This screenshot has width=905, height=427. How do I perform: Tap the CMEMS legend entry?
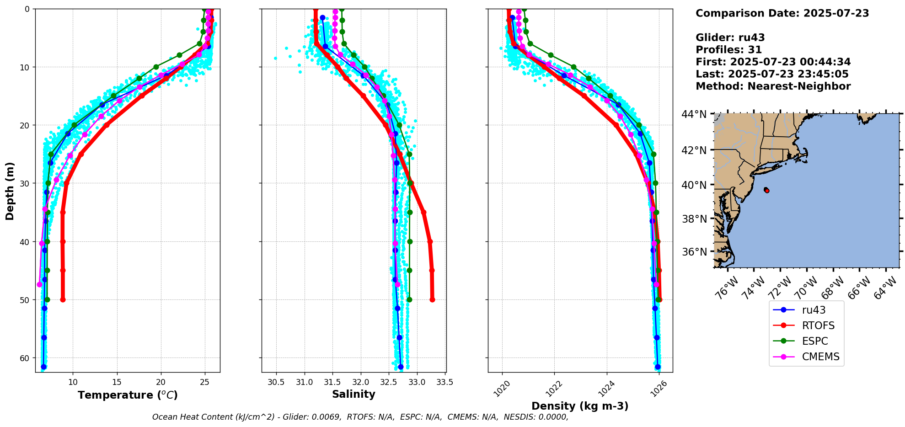tap(806, 357)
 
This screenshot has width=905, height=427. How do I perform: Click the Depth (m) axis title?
tap(10, 191)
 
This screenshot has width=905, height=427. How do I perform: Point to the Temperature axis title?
tap(128, 395)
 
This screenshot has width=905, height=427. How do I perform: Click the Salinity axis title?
tap(353, 395)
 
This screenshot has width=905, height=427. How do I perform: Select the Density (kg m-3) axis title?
tap(580, 406)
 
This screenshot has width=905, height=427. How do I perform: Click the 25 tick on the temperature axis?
tap(204, 382)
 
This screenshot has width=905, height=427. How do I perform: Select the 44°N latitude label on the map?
tap(694, 114)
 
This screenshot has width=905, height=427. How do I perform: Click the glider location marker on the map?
tap(766, 190)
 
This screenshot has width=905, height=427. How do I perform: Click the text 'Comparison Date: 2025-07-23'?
tap(782, 13)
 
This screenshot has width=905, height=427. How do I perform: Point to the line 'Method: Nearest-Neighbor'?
tap(773, 86)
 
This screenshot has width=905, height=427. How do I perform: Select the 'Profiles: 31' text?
tap(729, 50)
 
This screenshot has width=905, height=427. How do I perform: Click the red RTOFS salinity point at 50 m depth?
tap(432, 300)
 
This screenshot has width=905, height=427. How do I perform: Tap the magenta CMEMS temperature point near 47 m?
tap(39, 284)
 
